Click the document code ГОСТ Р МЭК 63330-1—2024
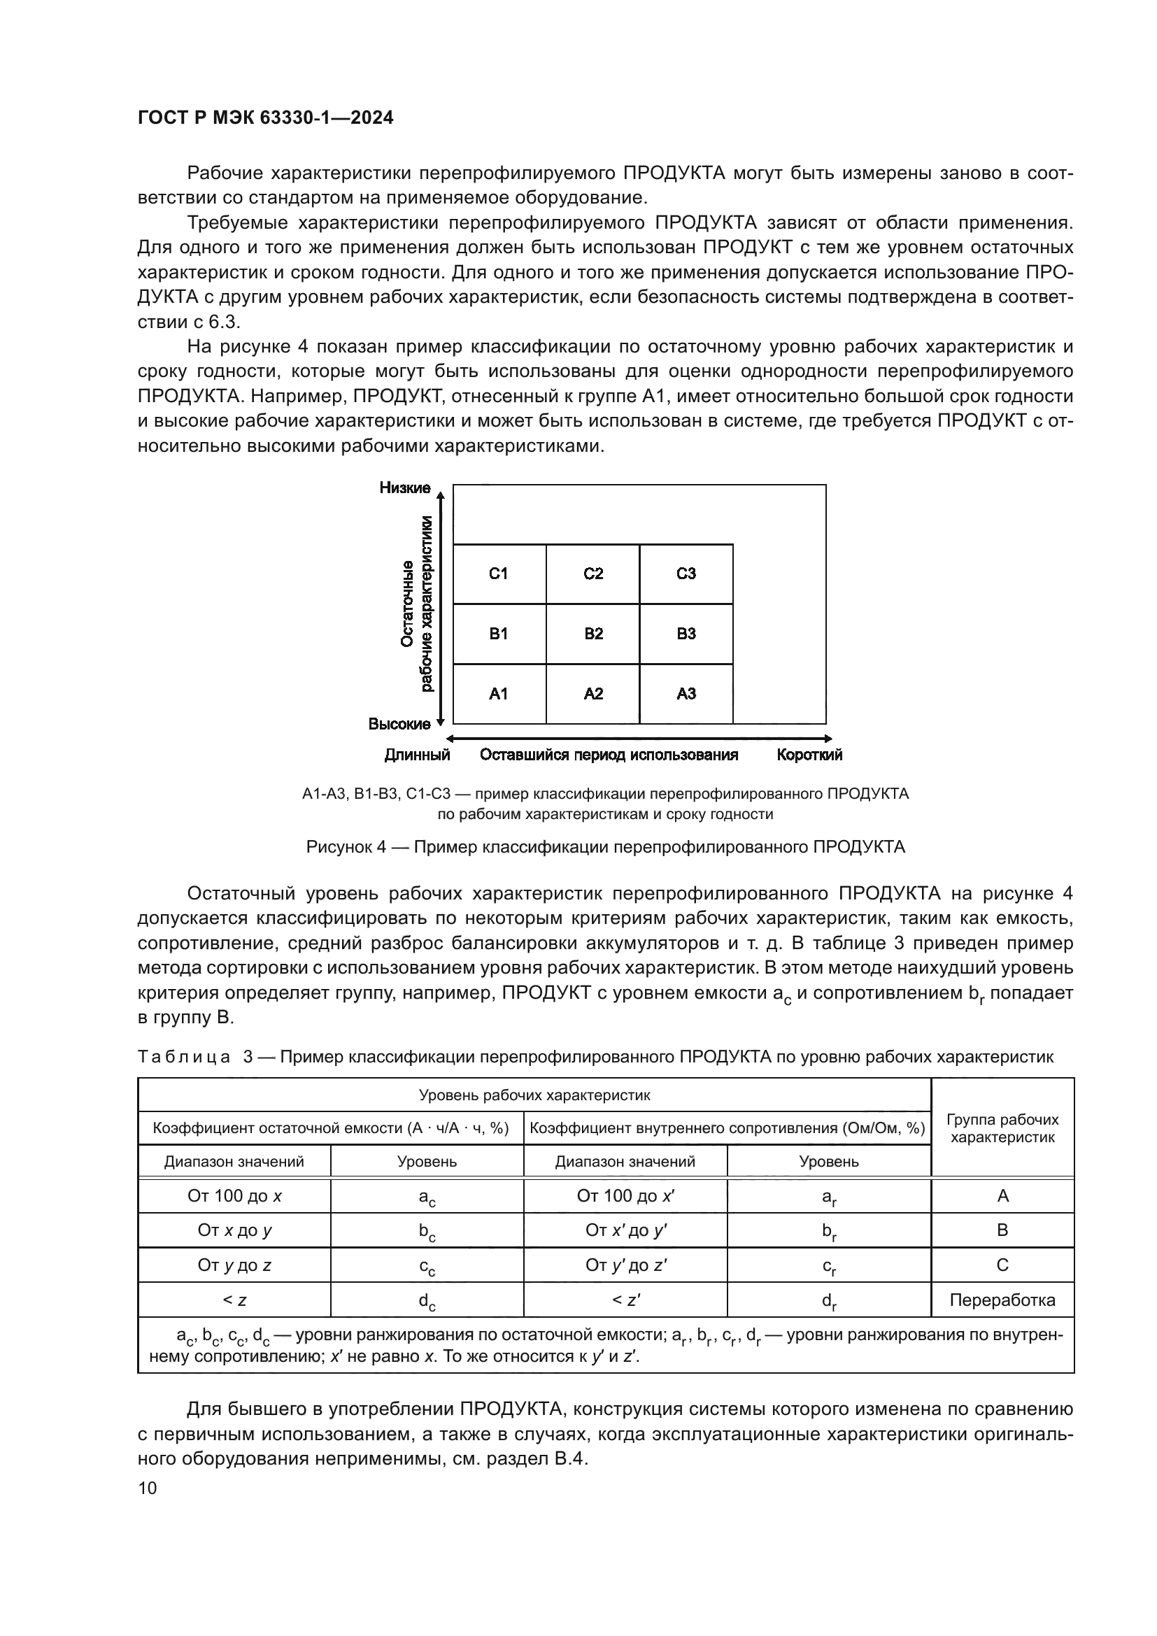pos(265,118)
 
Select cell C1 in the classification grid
pos(498,574)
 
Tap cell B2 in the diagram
pos(593,634)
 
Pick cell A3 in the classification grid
pos(686,693)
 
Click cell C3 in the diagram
pos(686,574)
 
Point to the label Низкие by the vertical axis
pos(404,488)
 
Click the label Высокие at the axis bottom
pos(399,724)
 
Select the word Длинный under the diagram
pos(418,755)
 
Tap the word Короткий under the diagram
pos(809,755)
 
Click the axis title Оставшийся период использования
pos(609,755)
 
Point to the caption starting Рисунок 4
pos(605,846)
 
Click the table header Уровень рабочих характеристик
pos(534,1095)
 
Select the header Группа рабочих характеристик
pos(1002,1128)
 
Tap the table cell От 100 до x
pos(234,1195)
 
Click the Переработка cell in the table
pos(1002,1300)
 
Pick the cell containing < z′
pos(625,1300)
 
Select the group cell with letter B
pos(1002,1230)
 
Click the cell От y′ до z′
pos(625,1265)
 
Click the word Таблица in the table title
pos(184,1056)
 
